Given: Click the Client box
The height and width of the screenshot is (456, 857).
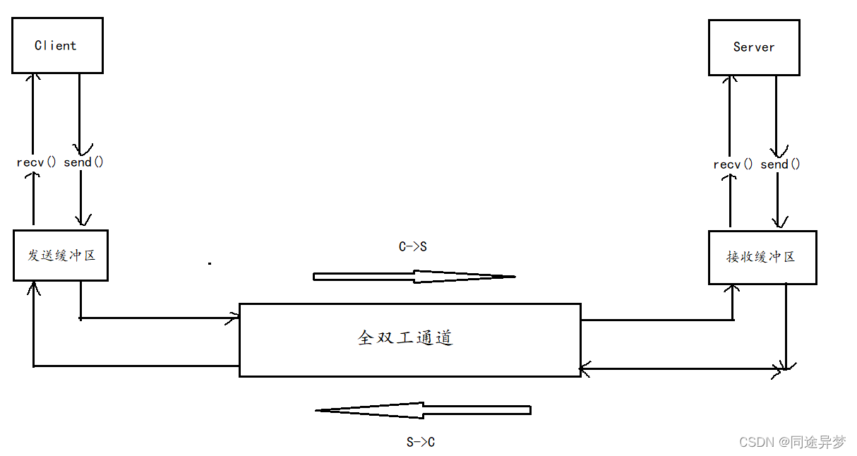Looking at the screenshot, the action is tap(57, 45).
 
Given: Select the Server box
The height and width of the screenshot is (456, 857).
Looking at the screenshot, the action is tap(754, 47).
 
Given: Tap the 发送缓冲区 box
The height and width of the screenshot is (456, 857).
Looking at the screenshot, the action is tap(61, 255).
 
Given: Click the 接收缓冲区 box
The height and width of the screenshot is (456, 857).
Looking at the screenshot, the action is tap(762, 257).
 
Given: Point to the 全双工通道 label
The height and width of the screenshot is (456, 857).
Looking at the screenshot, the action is tap(405, 338).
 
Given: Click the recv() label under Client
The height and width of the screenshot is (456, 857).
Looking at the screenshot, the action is tap(36, 162).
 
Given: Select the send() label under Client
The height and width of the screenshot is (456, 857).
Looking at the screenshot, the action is tap(83, 162).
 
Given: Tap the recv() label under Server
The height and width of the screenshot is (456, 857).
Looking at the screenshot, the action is tap(733, 164).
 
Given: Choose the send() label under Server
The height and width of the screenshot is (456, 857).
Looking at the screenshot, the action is tap(780, 164).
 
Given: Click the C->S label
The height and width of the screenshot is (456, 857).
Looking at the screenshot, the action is tap(413, 247).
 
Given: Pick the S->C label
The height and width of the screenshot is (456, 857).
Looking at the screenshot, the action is tap(421, 443).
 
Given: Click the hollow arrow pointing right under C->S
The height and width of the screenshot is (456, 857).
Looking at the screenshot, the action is tap(414, 277).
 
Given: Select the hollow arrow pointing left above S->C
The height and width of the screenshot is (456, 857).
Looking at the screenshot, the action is tap(423, 410).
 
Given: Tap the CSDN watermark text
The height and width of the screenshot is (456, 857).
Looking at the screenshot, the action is tap(791, 442).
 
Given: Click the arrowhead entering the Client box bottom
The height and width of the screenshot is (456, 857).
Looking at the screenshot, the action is tap(32, 77).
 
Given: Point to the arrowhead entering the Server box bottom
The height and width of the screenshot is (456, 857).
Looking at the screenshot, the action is tap(729, 79).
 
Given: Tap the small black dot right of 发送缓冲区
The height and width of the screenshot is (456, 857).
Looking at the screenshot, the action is tap(210, 263).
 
